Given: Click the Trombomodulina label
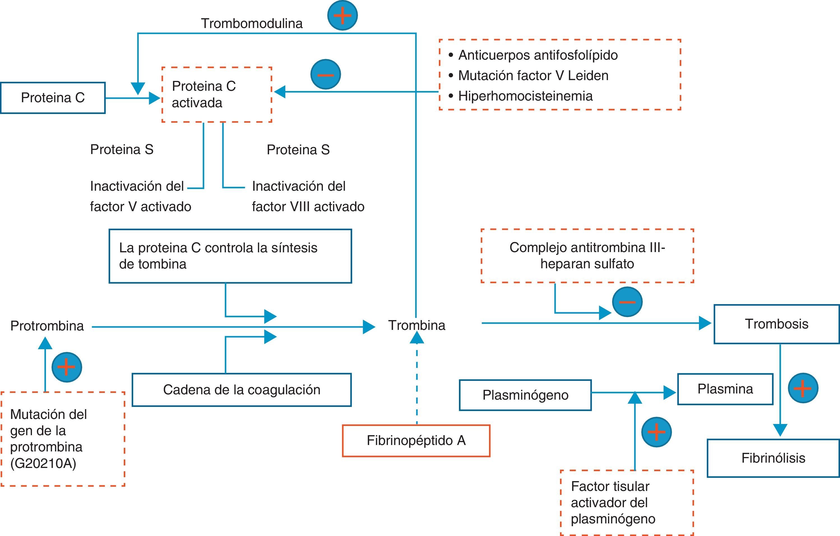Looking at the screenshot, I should [x=251, y=23].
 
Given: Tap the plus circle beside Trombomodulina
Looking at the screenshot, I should [x=342, y=15].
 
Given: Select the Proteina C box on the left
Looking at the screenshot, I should [x=53, y=98].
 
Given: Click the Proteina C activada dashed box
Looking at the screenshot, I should [x=217, y=94].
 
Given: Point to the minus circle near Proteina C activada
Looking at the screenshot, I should [x=325, y=74].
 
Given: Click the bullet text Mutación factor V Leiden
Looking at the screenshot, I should [x=533, y=76].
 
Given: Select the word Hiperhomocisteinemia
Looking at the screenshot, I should [x=525, y=96].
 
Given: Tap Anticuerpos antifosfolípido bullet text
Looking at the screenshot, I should [x=538, y=55].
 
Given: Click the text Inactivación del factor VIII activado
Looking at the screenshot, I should [x=308, y=196].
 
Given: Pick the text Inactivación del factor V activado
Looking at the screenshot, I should [x=140, y=196].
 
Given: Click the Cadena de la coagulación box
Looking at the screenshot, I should [x=241, y=390].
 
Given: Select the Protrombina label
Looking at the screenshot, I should [x=47, y=326].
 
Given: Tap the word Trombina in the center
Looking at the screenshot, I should [x=416, y=325].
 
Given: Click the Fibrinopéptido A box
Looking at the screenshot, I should [x=416, y=441].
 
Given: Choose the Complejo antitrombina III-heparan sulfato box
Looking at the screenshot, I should [x=587, y=256].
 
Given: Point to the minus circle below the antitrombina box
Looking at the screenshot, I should [x=627, y=302].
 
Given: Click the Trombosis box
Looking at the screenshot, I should [x=776, y=324].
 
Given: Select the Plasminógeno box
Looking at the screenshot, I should [x=525, y=395].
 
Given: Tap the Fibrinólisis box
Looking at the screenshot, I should [x=773, y=458].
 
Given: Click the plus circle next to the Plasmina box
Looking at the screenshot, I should [x=803, y=388].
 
